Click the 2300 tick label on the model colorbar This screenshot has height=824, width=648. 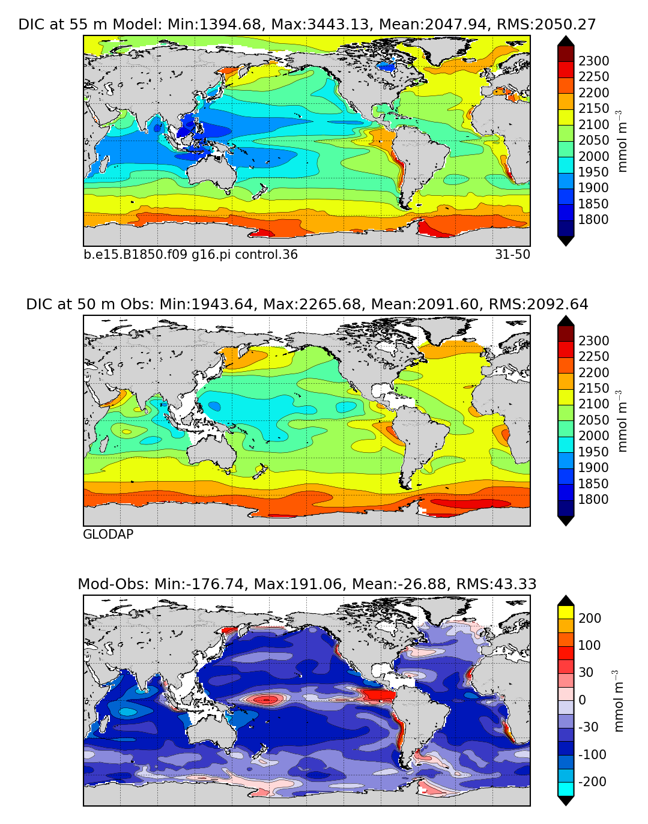pyautogui.click(x=593, y=61)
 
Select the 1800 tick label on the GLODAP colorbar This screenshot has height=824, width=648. pyautogui.click(x=593, y=500)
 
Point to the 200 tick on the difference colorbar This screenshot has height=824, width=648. pyautogui.click(x=589, y=619)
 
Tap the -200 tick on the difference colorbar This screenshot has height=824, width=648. pyautogui.click(x=592, y=782)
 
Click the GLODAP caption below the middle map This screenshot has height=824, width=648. pyautogui.click(x=108, y=535)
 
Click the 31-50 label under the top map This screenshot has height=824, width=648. pyautogui.click(x=512, y=255)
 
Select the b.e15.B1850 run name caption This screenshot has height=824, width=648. pyautogui.click(x=190, y=255)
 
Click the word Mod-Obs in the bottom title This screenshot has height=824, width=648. pyautogui.click(x=114, y=584)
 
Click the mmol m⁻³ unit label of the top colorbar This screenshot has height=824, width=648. pyautogui.click(x=623, y=140)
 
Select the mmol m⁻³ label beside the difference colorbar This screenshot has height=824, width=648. pyautogui.click(x=619, y=701)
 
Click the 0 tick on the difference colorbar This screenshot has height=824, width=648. pyautogui.click(x=582, y=700)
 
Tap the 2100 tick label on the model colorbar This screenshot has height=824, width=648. pyautogui.click(x=593, y=125)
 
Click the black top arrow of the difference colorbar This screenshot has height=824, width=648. pyautogui.click(x=566, y=600)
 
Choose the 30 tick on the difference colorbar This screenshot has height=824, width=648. pyautogui.click(x=586, y=673)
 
